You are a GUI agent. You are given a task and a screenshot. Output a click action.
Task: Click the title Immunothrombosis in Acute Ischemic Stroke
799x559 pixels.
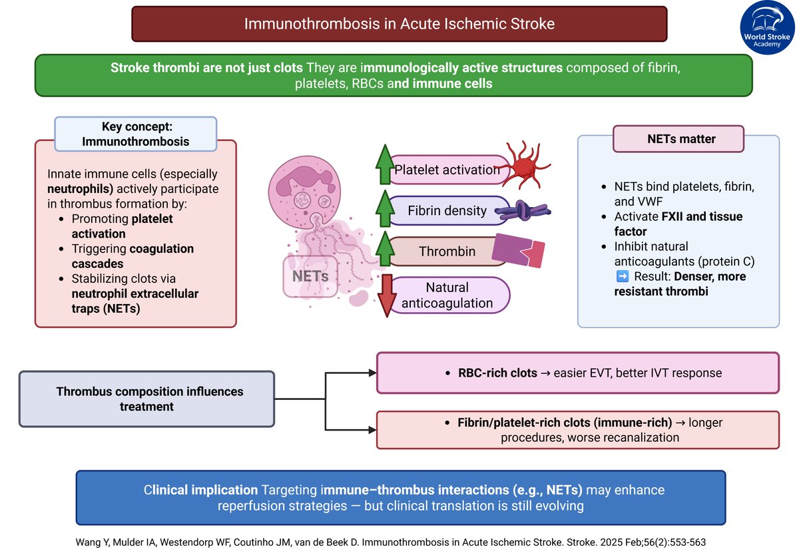tap(400, 24)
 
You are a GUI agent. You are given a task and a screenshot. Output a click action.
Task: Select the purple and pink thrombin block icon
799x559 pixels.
tap(518, 251)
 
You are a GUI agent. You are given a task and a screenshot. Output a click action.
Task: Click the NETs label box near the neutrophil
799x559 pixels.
tap(310, 275)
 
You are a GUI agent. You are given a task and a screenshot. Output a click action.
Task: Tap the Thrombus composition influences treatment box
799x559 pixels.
tap(146, 399)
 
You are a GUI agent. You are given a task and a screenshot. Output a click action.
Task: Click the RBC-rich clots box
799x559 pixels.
tap(578, 373)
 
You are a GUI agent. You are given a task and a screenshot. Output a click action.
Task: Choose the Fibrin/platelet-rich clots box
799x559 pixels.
tap(578, 430)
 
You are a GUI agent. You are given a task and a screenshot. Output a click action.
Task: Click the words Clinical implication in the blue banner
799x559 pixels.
tap(196, 490)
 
